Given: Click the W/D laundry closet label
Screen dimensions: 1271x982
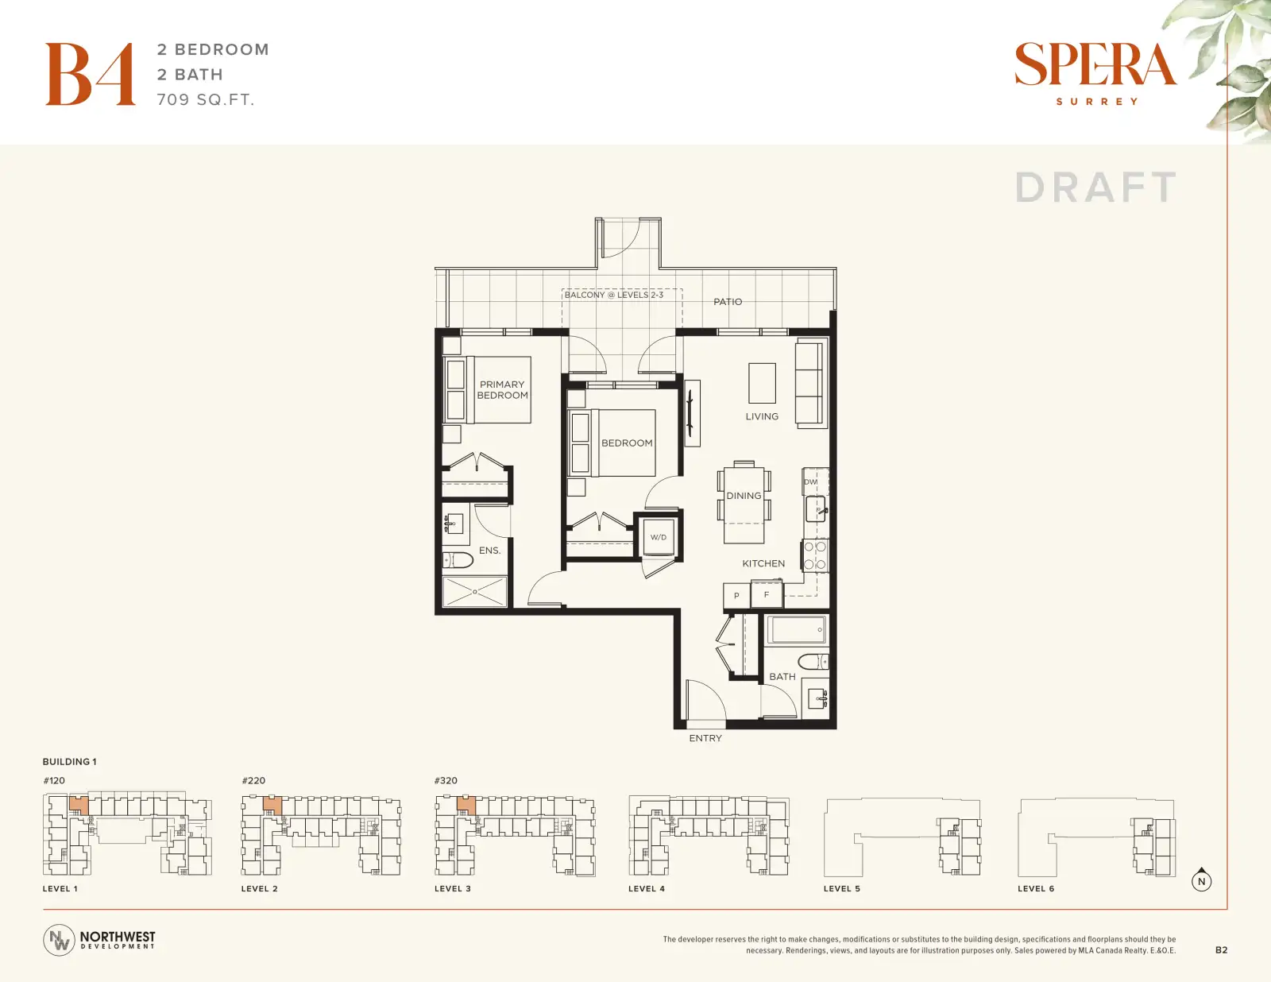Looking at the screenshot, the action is [x=658, y=538].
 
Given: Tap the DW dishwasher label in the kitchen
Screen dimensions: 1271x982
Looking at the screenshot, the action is [x=811, y=482].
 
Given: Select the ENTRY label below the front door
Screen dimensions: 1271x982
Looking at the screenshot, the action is [x=705, y=738].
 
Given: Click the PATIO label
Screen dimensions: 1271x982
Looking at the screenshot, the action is [x=728, y=302].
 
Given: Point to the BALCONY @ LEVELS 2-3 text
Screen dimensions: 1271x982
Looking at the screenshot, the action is [x=613, y=295].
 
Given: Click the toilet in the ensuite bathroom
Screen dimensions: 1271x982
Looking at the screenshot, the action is [x=458, y=560].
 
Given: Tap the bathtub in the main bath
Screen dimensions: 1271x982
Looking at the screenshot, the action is [x=797, y=630].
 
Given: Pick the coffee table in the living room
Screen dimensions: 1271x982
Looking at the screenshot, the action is [x=762, y=383].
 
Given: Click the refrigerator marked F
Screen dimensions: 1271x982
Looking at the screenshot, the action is [x=767, y=594].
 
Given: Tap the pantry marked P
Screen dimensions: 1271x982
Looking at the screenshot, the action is [x=736, y=596].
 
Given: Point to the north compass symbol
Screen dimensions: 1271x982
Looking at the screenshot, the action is [x=1201, y=880].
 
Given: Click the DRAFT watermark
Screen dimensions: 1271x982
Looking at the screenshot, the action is [x=1095, y=188].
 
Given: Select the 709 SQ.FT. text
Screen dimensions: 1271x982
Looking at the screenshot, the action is [x=205, y=99].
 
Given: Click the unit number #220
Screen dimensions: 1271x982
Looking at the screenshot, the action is [x=253, y=780].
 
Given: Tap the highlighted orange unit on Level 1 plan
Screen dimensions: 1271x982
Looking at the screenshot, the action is [x=79, y=805].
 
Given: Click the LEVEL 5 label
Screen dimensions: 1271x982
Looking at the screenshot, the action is [x=842, y=888].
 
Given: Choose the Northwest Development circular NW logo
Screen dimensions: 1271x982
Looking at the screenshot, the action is [x=59, y=940].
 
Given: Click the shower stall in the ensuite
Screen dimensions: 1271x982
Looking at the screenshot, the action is [x=474, y=592].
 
